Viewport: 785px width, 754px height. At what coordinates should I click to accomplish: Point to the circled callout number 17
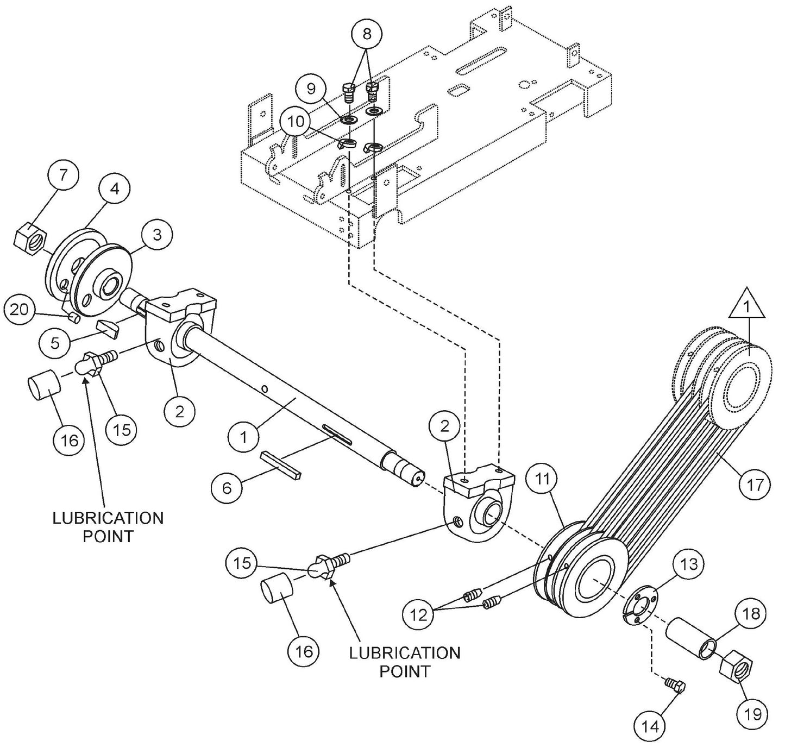tap(755, 484)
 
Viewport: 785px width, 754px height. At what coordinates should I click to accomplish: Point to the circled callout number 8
tap(367, 34)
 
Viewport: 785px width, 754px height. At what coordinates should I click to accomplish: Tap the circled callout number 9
tap(311, 88)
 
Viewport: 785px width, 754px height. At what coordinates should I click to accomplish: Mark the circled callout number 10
tap(296, 121)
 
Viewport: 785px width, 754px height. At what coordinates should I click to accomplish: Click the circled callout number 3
tap(156, 235)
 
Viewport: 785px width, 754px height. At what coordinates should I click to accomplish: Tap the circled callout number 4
tap(115, 188)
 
